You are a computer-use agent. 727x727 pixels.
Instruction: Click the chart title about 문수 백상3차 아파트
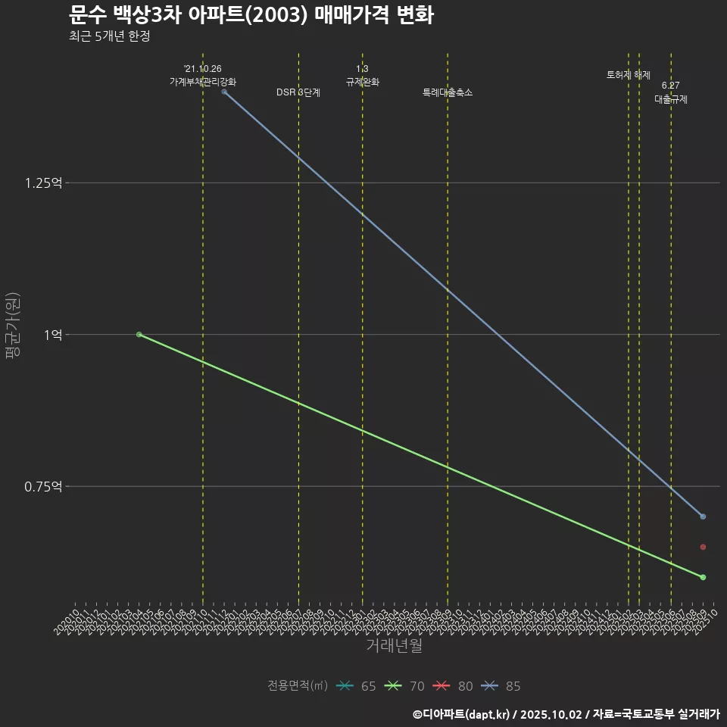[x=251, y=14]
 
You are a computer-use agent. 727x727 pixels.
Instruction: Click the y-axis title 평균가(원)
[x=13, y=334]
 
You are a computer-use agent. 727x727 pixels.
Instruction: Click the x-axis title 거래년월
[x=394, y=645]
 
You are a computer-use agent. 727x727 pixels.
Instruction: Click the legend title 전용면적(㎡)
[x=298, y=686]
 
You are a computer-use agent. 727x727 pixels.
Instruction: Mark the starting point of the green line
[x=139, y=334]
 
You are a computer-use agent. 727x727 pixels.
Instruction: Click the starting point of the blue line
[x=224, y=92]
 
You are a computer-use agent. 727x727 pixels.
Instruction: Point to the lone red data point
[x=703, y=547]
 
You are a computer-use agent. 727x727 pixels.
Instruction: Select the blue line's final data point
[x=703, y=516]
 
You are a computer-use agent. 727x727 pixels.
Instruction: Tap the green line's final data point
[x=703, y=577]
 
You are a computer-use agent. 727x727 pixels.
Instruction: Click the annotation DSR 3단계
[x=298, y=92]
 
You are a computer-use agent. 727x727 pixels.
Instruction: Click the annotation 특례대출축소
[x=448, y=92]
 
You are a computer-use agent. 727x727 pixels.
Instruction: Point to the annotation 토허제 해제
[x=629, y=75]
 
